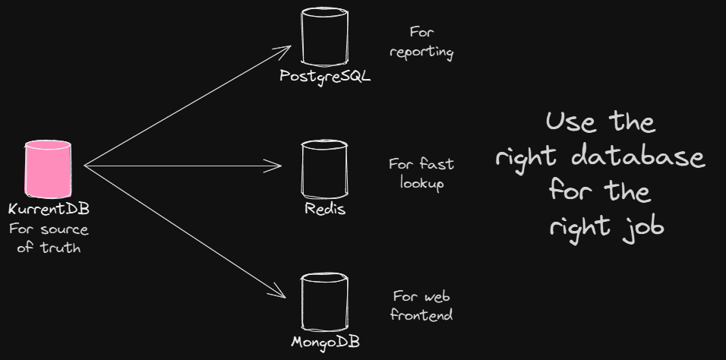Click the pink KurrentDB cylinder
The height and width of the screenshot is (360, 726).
tap(49, 168)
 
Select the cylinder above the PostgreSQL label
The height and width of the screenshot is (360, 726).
tap(324, 36)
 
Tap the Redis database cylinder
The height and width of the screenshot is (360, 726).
tap(324, 168)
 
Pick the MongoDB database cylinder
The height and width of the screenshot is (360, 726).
tap(324, 301)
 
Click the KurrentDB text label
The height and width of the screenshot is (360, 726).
tap(49, 209)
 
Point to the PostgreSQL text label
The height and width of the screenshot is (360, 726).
tap(325, 77)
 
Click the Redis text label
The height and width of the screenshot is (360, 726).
tap(325, 208)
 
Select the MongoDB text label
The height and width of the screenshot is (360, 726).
tap(325, 342)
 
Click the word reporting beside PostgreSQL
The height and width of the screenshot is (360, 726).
tap(421, 52)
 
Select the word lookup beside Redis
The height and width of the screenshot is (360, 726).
tap(421, 183)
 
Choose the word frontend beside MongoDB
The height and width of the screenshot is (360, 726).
tap(421, 314)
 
